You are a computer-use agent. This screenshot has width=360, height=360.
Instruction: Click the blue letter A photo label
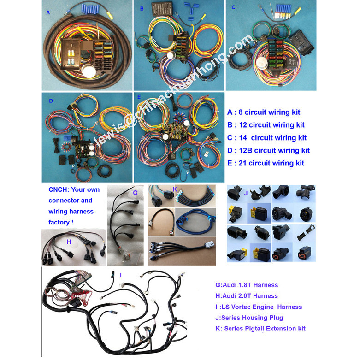(48, 13)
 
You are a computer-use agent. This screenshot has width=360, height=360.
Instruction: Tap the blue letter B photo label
(142, 8)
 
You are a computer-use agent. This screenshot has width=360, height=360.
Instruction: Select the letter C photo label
(234, 7)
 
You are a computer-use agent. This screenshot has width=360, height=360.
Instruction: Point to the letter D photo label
(51, 100)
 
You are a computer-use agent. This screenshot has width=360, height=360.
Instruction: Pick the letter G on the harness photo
(135, 192)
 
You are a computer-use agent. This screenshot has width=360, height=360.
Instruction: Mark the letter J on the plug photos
(246, 193)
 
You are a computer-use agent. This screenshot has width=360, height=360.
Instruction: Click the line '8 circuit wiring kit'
(264, 112)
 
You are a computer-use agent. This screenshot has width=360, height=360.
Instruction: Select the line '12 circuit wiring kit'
(266, 125)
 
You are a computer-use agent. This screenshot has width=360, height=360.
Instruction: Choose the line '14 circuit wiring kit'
(267, 137)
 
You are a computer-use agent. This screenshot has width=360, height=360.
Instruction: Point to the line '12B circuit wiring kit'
(268, 150)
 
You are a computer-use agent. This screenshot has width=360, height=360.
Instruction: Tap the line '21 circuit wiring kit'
(266, 163)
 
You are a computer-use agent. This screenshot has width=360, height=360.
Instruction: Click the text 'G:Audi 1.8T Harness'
(247, 285)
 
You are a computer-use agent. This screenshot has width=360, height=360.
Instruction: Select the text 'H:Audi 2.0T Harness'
(247, 296)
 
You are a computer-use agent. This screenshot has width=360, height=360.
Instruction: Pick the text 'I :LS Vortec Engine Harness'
(259, 307)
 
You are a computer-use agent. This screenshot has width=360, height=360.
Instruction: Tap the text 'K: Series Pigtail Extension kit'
(260, 329)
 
